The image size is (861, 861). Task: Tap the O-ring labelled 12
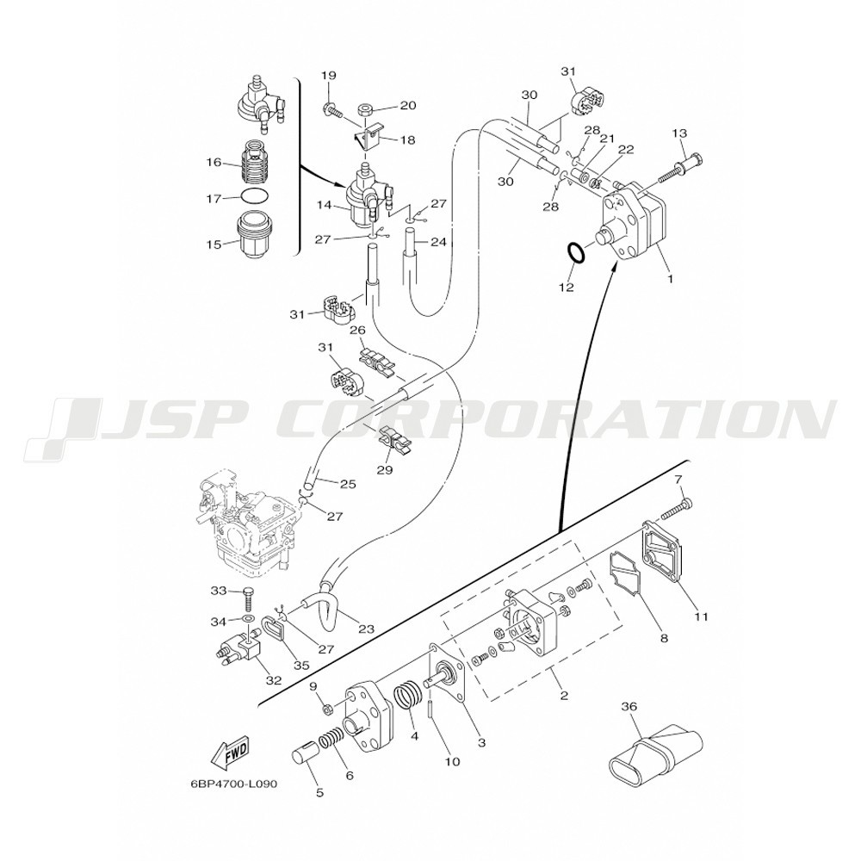pos(575,254)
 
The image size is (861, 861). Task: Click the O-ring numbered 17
pos(255,196)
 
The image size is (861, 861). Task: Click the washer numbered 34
pos(248,619)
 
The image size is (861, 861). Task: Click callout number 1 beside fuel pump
pos(670,278)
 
